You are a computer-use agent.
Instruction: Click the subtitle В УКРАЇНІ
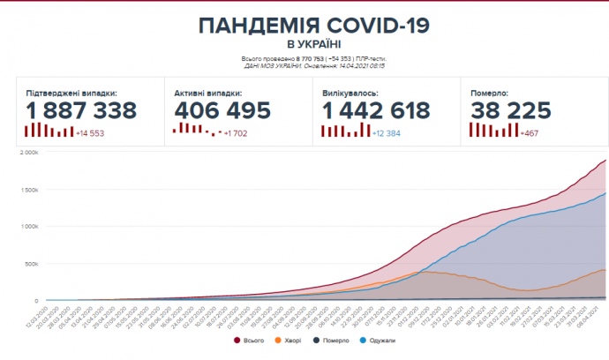tap(314, 43)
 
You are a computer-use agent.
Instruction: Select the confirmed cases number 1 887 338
tap(80, 110)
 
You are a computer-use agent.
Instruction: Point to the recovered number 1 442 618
tap(376, 110)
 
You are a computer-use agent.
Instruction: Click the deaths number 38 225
tap(511, 110)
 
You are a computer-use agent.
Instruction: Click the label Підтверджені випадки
tap(71, 93)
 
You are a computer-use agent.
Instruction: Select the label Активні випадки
tap(209, 93)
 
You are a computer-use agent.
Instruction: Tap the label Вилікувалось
tap(350, 93)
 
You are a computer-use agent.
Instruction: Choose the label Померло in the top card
tap(490, 93)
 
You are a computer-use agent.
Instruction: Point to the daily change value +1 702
tap(236, 132)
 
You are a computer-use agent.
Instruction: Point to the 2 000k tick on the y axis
tap(30, 152)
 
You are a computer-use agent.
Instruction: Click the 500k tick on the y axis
tap(32, 264)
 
